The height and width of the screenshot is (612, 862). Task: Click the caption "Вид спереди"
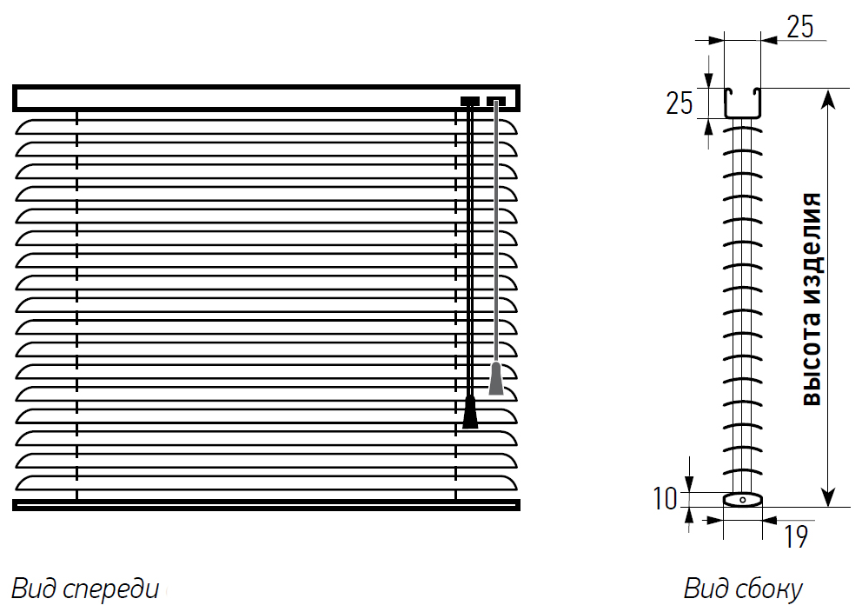(x=85, y=589)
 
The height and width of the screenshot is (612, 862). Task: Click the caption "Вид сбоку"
(x=743, y=589)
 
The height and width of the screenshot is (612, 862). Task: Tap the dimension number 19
(x=795, y=536)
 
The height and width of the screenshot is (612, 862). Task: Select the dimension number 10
(x=666, y=499)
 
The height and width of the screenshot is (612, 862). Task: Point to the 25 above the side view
(x=800, y=26)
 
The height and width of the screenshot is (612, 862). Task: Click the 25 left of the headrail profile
(x=680, y=103)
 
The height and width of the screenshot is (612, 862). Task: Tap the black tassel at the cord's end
(x=470, y=412)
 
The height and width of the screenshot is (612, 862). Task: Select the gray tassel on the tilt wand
(x=496, y=378)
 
